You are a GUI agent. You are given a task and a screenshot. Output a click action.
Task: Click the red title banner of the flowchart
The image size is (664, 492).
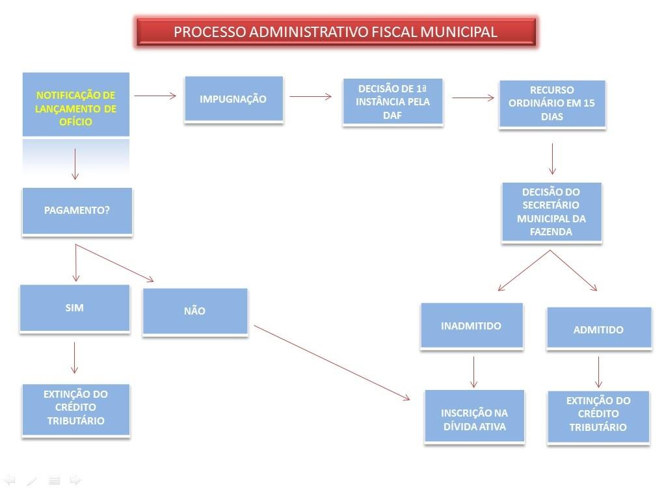[336, 32]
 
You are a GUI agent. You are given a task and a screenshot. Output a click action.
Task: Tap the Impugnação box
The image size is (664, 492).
[233, 99]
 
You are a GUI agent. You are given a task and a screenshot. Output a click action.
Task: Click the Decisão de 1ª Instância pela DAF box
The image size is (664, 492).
[392, 102]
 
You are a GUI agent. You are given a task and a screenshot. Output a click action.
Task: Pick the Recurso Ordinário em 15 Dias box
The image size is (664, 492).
[552, 104]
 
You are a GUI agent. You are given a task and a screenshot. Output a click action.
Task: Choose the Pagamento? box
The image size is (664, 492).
[77, 211]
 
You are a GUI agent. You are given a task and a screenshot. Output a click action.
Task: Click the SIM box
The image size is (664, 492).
[74, 308]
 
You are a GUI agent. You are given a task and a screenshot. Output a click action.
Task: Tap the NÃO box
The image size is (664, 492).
[194, 311]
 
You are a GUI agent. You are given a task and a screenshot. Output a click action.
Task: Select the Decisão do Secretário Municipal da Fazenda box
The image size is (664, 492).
[551, 212]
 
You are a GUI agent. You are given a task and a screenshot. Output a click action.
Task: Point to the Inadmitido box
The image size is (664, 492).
[471, 326]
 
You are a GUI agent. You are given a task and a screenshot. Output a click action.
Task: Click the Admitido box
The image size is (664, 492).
[598, 329]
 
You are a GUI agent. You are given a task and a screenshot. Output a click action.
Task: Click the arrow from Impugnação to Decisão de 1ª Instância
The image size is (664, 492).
[311, 97]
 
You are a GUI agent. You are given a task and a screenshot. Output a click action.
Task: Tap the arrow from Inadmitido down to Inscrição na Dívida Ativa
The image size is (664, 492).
[474, 372]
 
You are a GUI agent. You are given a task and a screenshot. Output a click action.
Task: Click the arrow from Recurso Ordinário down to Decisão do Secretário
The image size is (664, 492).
[552, 159]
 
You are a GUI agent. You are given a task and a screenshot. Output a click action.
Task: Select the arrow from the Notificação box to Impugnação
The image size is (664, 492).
[155, 96]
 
